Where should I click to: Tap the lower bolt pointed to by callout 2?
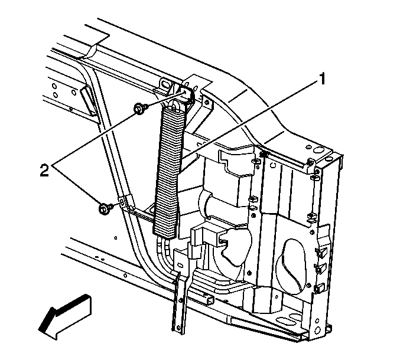click(x=105, y=208)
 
